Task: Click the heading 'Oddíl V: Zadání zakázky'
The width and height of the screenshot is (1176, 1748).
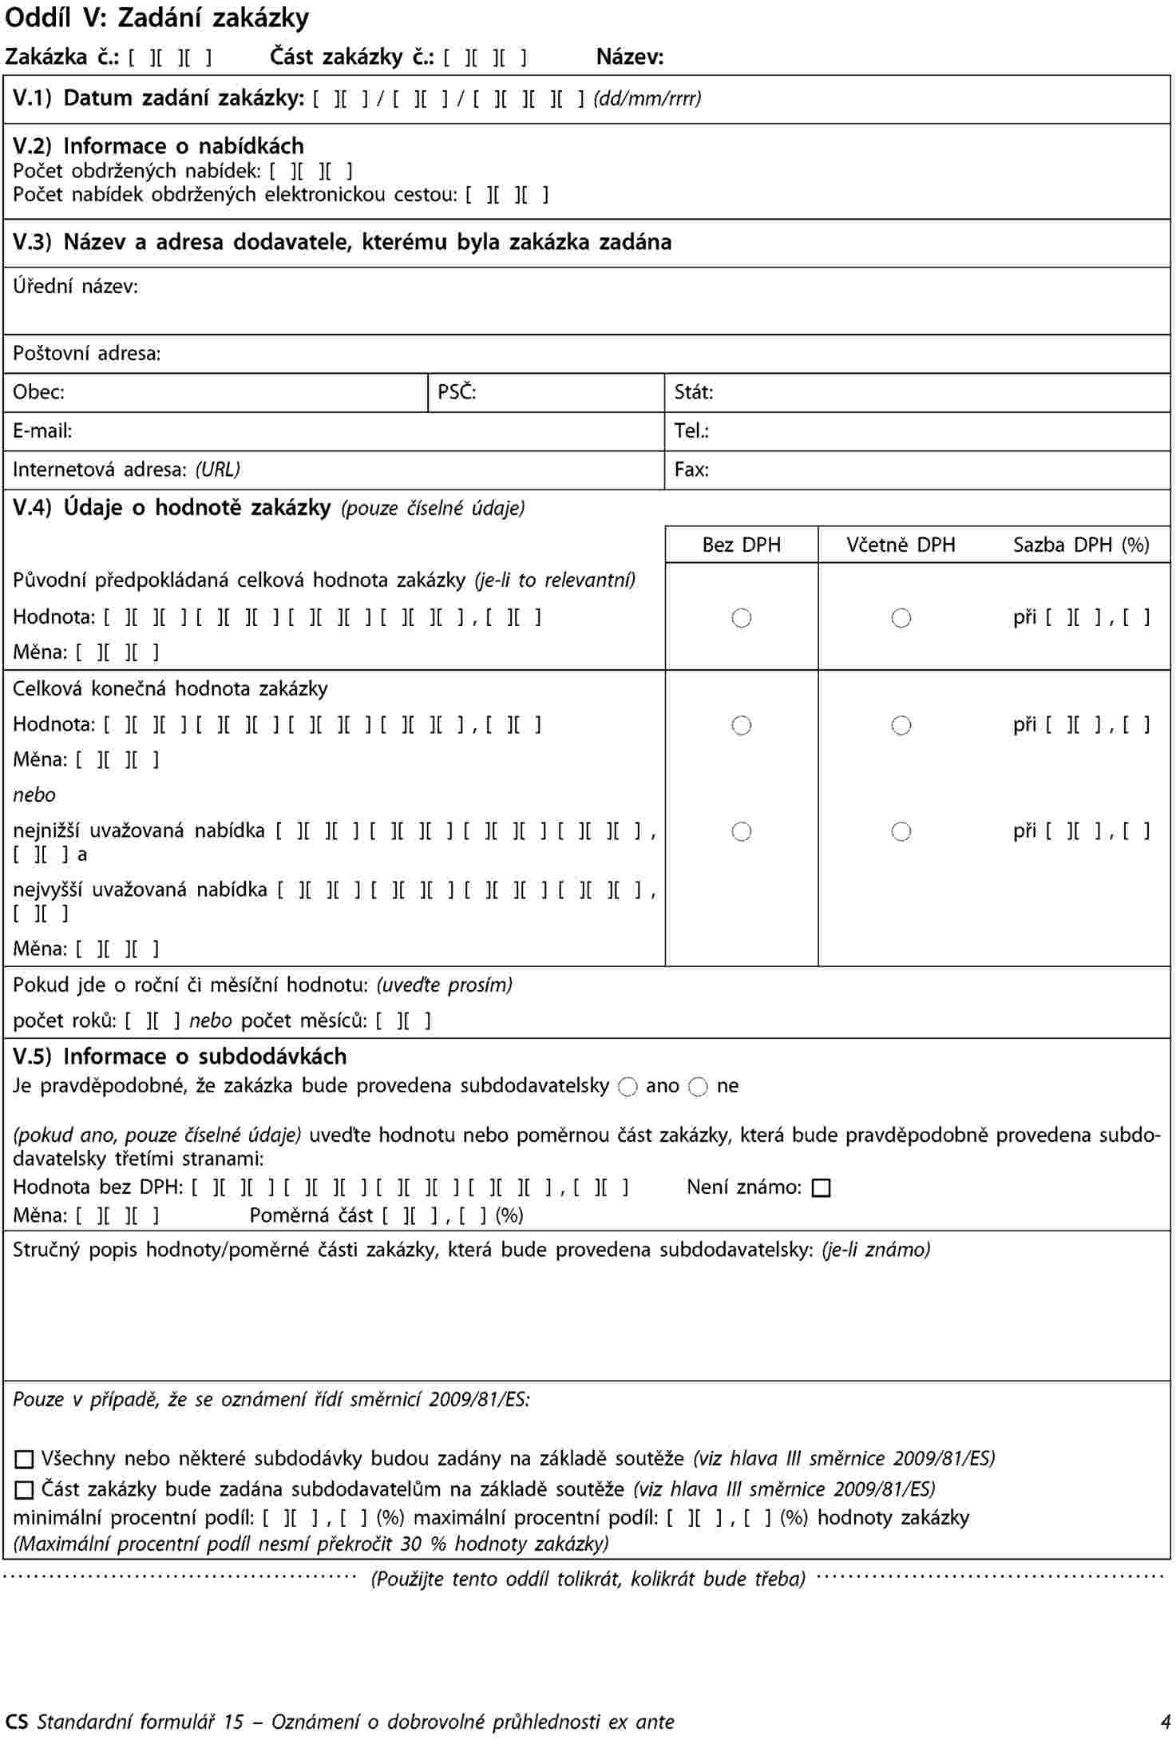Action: click(157, 18)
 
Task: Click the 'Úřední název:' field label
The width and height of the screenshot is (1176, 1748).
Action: click(75, 287)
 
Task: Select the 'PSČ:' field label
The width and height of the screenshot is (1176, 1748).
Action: click(457, 392)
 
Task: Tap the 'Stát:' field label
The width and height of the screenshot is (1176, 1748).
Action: click(693, 392)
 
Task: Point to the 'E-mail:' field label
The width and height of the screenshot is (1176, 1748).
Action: click(42, 431)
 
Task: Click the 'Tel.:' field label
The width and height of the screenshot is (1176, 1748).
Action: click(691, 431)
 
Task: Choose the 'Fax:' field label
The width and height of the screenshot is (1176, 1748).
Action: click(691, 470)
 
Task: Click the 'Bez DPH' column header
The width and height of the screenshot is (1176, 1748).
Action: click(741, 545)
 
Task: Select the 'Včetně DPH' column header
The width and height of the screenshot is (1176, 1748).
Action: click(901, 545)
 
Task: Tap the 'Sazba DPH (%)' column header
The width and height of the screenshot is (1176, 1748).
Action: click(1081, 545)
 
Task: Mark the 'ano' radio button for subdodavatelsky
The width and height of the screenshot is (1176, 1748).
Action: click(628, 1087)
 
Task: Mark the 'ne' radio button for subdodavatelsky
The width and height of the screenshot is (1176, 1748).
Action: click(699, 1087)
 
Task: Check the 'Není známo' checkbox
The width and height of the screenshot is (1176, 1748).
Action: click(821, 1188)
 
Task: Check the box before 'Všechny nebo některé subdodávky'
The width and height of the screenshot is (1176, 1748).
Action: click(25, 1460)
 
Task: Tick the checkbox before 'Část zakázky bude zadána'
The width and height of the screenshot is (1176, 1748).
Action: click(25, 1490)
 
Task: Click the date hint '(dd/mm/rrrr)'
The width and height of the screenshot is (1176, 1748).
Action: click(647, 99)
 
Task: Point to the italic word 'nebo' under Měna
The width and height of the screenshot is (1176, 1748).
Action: click(34, 795)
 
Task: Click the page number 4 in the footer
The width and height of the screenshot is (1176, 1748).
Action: click(1166, 1722)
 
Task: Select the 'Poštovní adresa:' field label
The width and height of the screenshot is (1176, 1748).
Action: click(87, 354)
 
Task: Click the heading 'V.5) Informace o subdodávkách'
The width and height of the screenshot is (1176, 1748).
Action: click(180, 1057)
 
